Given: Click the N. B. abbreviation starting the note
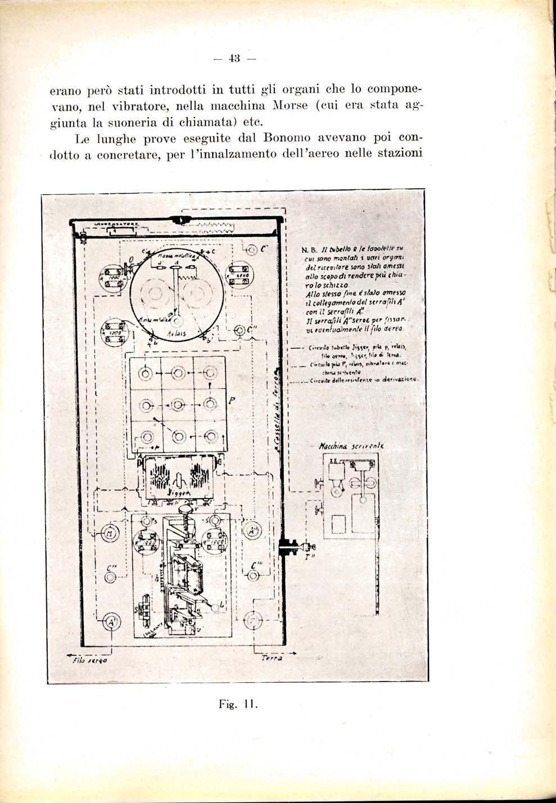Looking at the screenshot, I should [308, 250].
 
